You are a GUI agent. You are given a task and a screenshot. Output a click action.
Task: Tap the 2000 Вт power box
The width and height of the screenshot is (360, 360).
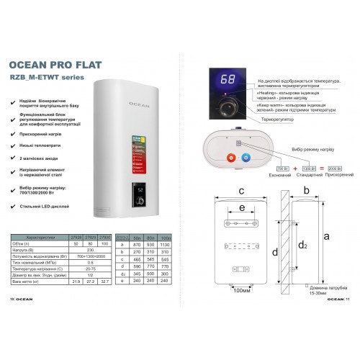coord(326,166)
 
